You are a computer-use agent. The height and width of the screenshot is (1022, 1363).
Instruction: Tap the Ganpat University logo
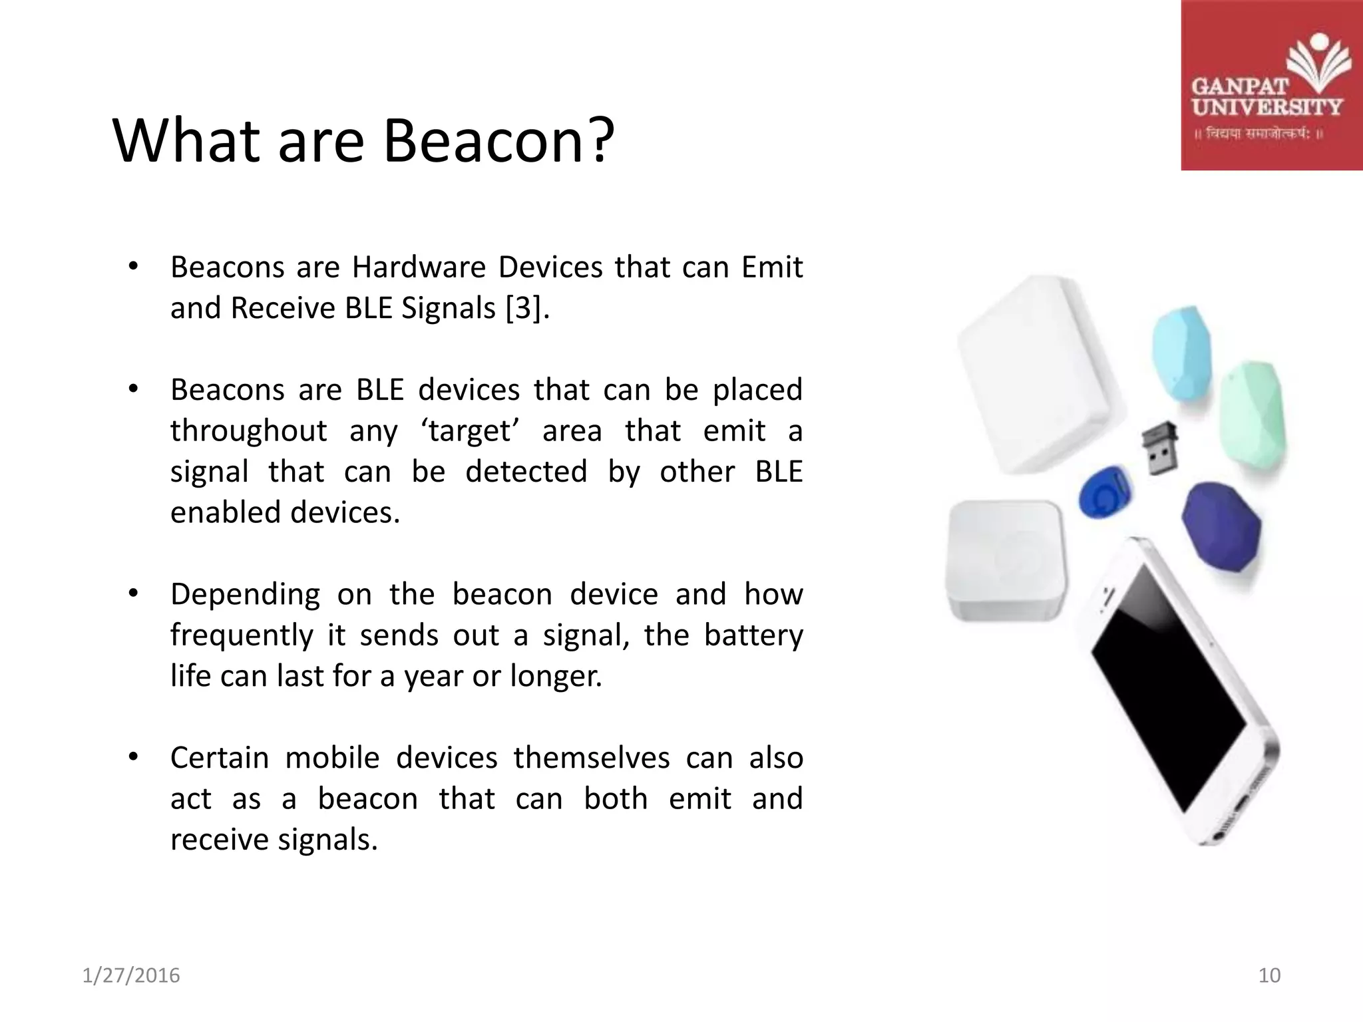pos(1271,85)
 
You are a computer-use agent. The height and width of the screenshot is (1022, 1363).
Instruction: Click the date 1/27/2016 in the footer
pos(131,975)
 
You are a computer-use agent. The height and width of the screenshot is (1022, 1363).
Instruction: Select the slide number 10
pos(1269,975)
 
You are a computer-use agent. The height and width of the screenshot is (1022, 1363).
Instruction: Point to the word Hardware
pos(419,267)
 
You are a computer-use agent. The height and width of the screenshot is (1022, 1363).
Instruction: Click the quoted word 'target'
pos(470,430)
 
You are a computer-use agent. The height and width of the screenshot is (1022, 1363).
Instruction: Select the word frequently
pos(241,635)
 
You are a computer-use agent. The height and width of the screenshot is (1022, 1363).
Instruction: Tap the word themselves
pos(591,758)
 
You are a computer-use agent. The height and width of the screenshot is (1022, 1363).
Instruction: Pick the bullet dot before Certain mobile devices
pos(133,757)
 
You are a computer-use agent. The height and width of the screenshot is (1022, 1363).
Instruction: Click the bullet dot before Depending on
pos(133,594)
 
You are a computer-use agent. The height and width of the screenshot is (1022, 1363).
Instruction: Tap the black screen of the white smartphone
pos(1168,692)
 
